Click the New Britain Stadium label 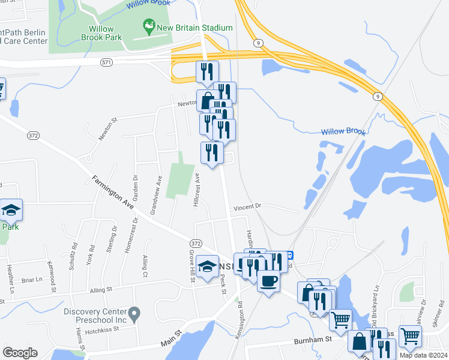(x=194, y=28)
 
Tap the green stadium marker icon (x=148, y=27)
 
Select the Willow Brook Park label (x=106, y=33)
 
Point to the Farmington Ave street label (x=114, y=194)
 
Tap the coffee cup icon (x=268, y=281)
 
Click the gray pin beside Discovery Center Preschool (x=135, y=313)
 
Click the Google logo (x=20, y=353)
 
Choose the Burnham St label (x=313, y=340)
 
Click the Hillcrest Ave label (x=197, y=190)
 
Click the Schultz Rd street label (x=73, y=255)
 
